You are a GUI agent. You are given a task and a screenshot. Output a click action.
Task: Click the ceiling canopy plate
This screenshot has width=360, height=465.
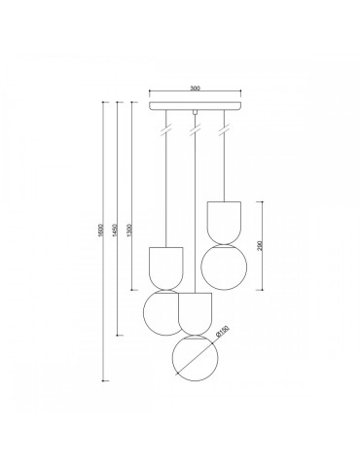[x=196, y=103]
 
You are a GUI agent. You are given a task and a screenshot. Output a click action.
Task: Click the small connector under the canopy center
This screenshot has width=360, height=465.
[x=196, y=114]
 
